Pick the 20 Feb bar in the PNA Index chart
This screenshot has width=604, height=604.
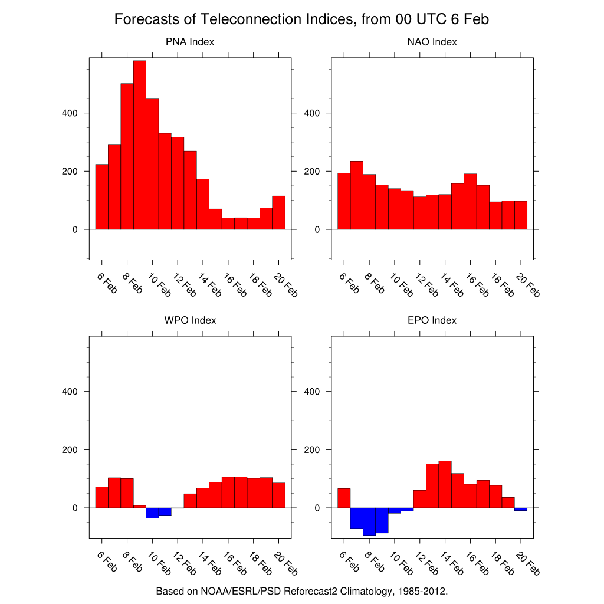point(278,212)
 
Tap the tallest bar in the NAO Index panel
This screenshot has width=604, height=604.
point(356,195)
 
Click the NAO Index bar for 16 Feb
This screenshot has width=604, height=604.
point(470,201)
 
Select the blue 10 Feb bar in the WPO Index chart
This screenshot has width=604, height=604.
point(152,513)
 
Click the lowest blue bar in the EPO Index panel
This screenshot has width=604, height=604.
point(369,521)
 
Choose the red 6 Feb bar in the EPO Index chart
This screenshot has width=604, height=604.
point(344,498)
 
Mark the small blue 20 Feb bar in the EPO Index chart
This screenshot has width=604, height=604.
point(521,509)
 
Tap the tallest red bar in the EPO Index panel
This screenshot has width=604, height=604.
point(445,484)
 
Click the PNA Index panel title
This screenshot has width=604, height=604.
point(190,42)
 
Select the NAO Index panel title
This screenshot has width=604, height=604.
point(432,42)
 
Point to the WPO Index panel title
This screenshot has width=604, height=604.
point(190,320)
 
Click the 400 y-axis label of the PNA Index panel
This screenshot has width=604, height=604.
point(70,113)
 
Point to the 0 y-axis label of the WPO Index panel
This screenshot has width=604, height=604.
point(75,508)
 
